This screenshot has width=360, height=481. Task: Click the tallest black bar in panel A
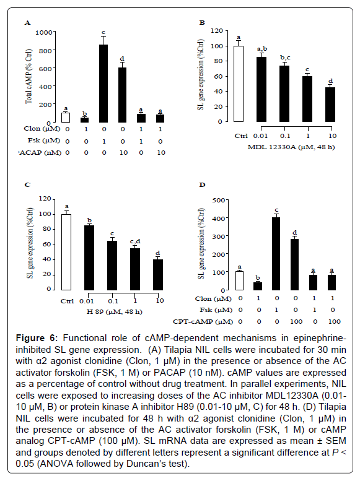[103, 84]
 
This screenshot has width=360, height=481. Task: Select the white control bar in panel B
[239, 84]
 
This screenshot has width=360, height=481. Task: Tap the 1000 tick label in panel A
[43, 32]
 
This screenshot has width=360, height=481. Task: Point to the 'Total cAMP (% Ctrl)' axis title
[29, 76]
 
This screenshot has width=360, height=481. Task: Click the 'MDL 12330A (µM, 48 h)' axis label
[291, 147]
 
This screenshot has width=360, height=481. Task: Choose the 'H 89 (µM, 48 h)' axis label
[114, 312]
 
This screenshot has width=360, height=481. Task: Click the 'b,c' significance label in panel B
[285, 58]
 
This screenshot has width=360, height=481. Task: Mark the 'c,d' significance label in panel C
[135, 241]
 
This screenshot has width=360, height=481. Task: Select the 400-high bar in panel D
[276, 254]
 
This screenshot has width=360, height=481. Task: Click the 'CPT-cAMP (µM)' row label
[203, 322]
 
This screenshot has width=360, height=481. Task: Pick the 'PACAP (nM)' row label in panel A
[40, 153]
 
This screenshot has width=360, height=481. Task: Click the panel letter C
[28, 184]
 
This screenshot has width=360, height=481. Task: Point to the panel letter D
[202, 184]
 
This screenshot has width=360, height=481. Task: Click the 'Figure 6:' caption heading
[37, 338]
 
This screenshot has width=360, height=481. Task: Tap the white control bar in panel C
[66, 252]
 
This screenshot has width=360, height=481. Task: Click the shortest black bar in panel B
[330, 105]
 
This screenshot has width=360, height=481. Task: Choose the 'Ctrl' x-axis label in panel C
[68, 301]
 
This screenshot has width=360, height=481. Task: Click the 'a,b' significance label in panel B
[262, 49]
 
